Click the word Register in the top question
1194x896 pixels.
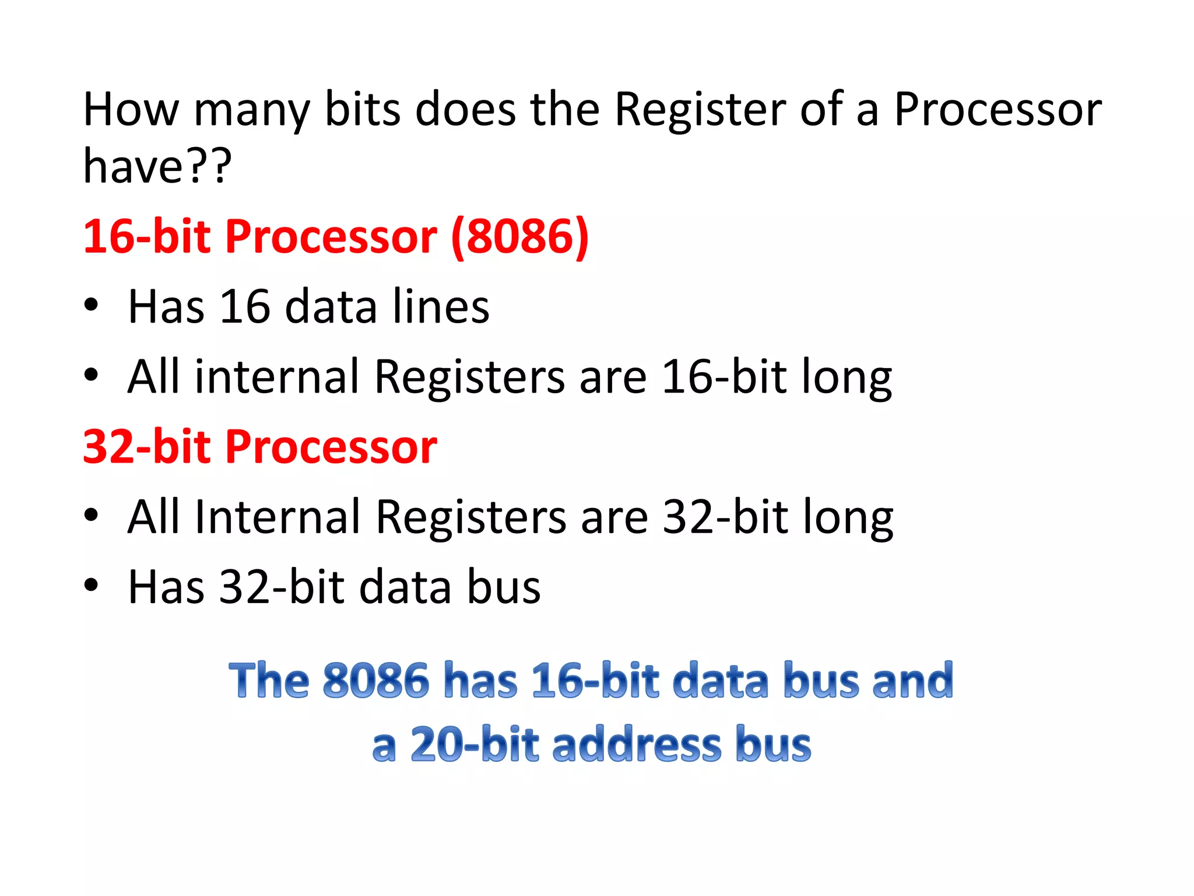700,111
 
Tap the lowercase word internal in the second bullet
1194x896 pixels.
277,377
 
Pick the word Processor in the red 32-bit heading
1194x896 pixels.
331,447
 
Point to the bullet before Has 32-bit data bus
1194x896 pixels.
91,585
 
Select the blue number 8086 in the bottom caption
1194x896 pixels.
376,681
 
